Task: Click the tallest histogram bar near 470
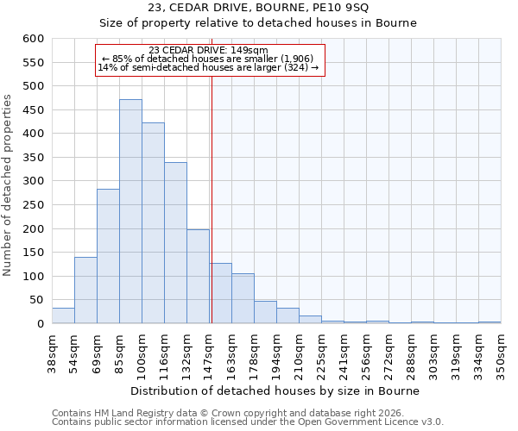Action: (x=130, y=211)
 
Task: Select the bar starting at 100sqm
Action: (x=153, y=223)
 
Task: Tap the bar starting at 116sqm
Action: (x=175, y=243)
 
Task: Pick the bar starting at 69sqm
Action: (x=108, y=256)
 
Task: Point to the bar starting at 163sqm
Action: (x=243, y=298)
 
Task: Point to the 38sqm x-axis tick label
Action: (x=52, y=352)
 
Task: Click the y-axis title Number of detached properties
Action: (x=9, y=186)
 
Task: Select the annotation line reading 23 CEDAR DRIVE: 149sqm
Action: (x=208, y=50)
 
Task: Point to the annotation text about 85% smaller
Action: (x=208, y=59)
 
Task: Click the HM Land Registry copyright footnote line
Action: (x=233, y=413)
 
